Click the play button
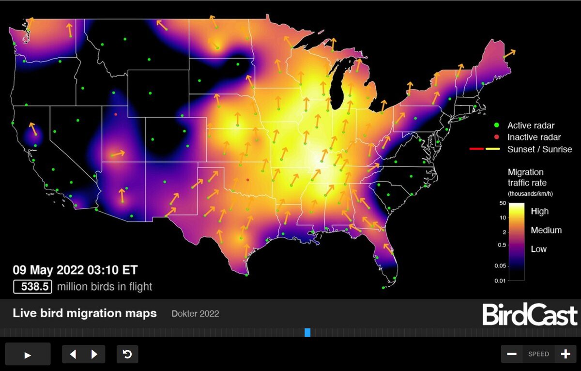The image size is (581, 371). coord(28,355)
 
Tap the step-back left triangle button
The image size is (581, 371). coord(73,355)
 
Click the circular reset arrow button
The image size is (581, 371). coord(127,355)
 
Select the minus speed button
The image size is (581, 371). coord(512,354)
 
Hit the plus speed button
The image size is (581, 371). coord(565,354)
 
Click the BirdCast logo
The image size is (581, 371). coord(530,315)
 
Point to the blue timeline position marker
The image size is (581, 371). coord(307,332)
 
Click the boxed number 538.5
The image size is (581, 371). coord(32,287)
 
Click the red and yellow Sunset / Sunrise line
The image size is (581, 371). coord(485,149)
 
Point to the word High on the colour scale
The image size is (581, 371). coord(540,211)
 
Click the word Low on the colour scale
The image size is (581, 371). coord(538,249)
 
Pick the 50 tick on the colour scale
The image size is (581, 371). coord(503,204)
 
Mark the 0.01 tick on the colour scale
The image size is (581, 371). coord(501,280)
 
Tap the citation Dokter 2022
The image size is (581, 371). coord(195,314)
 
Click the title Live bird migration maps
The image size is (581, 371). coord(85,313)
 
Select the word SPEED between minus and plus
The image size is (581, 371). coord(538,354)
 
